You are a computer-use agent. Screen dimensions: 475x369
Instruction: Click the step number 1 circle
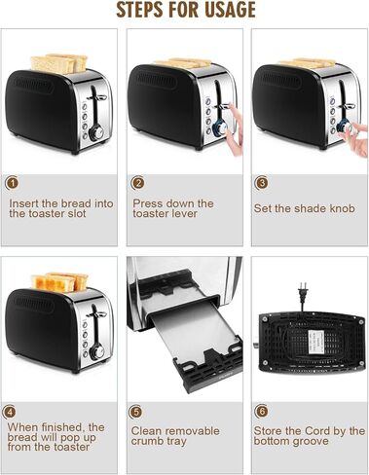[13, 183]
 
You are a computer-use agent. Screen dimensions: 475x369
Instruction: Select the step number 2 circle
[138, 183]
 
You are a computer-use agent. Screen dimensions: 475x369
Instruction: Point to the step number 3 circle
[262, 183]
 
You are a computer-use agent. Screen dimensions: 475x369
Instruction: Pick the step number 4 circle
[13, 411]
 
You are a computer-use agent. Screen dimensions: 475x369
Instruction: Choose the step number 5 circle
[138, 411]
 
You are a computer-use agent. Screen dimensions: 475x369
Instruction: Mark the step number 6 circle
[262, 411]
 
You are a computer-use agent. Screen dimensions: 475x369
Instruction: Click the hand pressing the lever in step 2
[231, 146]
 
